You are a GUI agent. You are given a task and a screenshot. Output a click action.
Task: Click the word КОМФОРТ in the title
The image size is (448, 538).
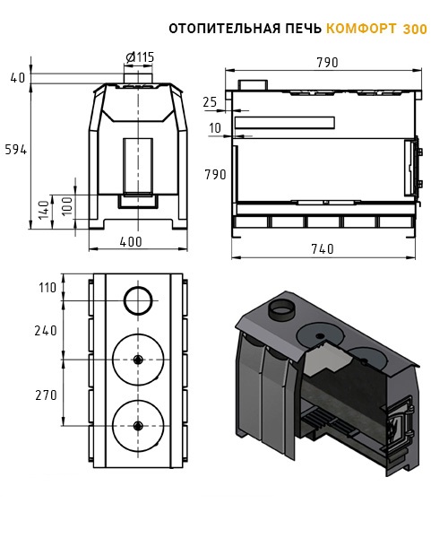[x=361, y=29]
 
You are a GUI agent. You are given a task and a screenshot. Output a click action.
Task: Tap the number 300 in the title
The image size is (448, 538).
[x=415, y=29]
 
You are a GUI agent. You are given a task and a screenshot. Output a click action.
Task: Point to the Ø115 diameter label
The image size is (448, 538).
[x=140, y=57]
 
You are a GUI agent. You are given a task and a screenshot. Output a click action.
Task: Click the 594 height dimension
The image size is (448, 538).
[x=16, y=150]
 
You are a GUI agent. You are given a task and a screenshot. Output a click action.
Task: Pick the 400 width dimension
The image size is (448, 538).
[x=131, y=242]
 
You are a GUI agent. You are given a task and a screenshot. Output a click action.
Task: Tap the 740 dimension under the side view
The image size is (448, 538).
[x=323, y=248]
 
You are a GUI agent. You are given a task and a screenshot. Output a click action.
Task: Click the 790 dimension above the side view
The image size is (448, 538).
[x=327, y=63]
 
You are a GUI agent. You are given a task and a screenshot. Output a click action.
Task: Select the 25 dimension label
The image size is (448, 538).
[x=210, y=102]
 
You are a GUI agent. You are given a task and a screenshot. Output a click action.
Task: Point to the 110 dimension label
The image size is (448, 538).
[x=47, y=288]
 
